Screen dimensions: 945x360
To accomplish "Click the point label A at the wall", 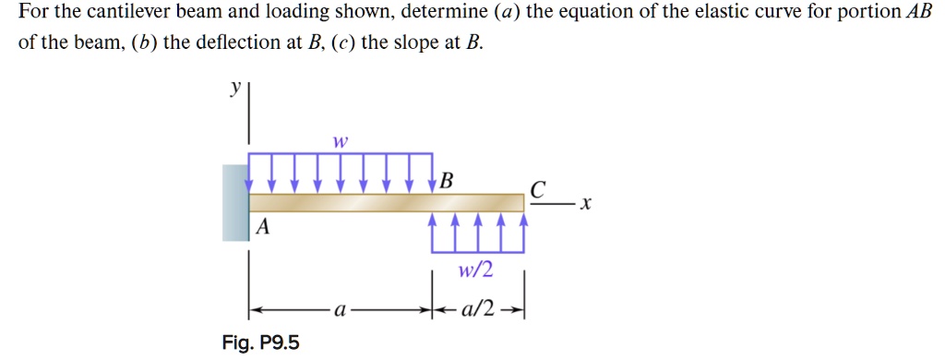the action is pos(262,227).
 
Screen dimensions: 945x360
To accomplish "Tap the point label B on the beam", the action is pos(447,180).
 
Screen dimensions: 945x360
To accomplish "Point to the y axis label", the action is pos(236,89).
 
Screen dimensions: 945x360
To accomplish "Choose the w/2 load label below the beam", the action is pos(476,270).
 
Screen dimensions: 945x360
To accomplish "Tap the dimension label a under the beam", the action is pos(339,312).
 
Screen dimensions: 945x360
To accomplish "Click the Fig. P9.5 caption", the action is pos(261,343).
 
